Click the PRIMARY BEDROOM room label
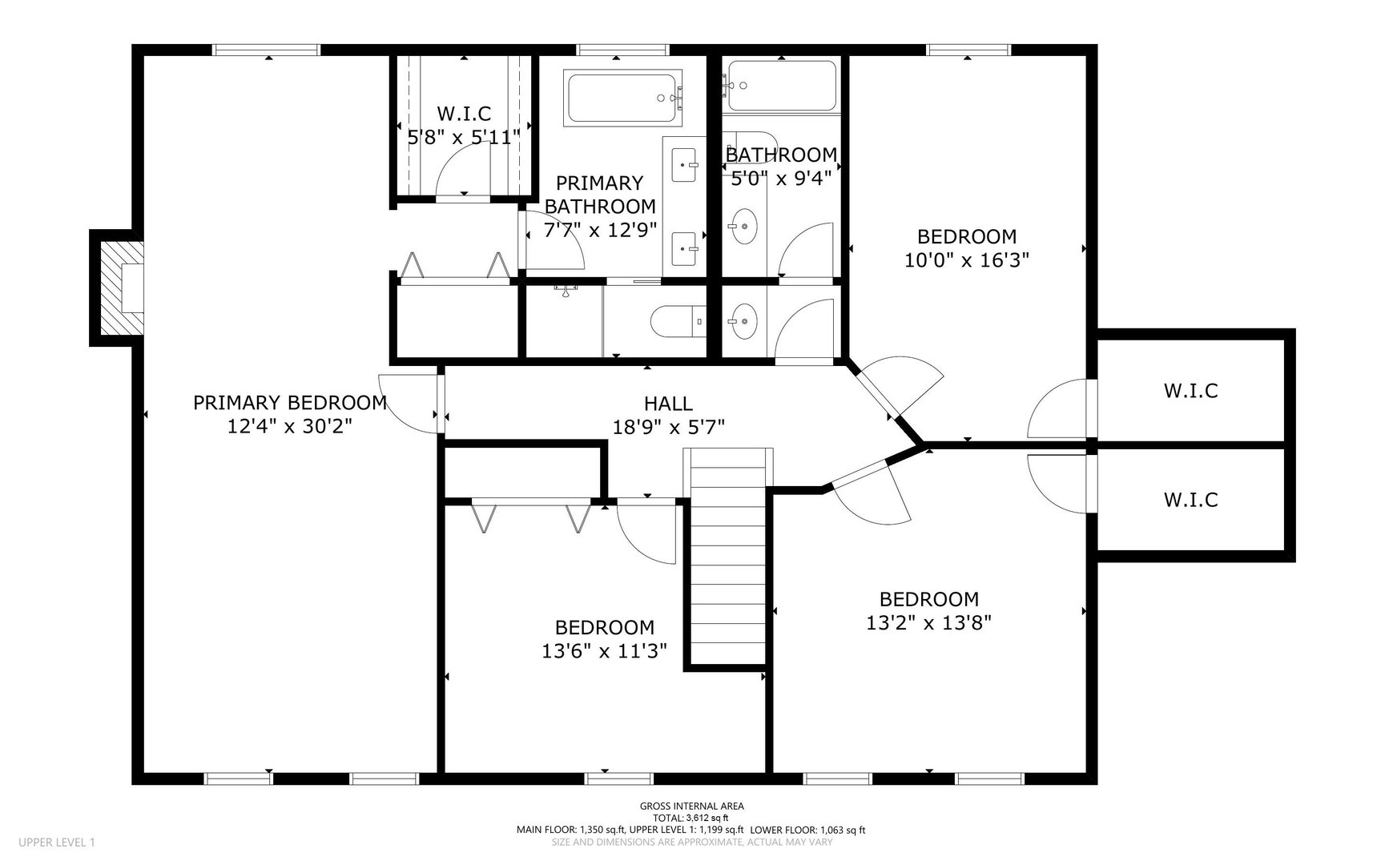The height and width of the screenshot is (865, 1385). (x=289, y=402)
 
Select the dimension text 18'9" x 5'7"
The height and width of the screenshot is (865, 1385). (x=668, y=427)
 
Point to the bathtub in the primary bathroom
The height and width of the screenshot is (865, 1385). (x=622, y=99)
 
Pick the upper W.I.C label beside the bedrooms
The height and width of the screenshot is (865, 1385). (x=1190, y=391)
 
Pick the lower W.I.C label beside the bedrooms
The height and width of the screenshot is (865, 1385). (x=1190, y=500)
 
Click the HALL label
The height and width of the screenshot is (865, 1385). (x=668, y=404)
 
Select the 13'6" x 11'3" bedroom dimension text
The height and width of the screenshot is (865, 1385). (x=604, y=650)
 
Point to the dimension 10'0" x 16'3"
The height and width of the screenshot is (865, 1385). (x=966, y=259)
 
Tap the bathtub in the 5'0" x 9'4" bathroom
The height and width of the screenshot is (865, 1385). (x=781, y=86)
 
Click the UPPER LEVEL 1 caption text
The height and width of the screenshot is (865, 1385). (x=56, y=842)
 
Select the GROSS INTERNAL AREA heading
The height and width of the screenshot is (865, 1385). (x=692, y=806)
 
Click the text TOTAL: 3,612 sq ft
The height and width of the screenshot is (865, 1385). (x=692, y=818)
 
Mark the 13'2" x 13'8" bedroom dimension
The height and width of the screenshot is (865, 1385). (x=928, y=622)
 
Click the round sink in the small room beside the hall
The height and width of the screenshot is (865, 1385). (x=744, y=321)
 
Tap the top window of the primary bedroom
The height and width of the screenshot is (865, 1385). (x=267, y=50)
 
